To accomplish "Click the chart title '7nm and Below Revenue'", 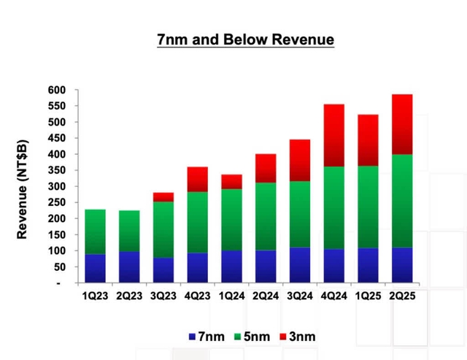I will [245, 39].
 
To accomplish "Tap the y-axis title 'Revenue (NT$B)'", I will [23, 187].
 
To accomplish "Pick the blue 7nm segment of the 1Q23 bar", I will [95, 268].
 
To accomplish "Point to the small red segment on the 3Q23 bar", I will [163, 197].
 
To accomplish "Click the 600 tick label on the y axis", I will [58, 90].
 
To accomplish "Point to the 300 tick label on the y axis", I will [58, 186].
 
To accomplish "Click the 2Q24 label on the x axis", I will [266, 295].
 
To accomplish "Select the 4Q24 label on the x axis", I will [333, 295].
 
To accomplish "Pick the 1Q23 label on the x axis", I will [95, 295].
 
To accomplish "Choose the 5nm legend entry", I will [252, 337].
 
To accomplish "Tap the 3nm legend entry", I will [298, 337].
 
